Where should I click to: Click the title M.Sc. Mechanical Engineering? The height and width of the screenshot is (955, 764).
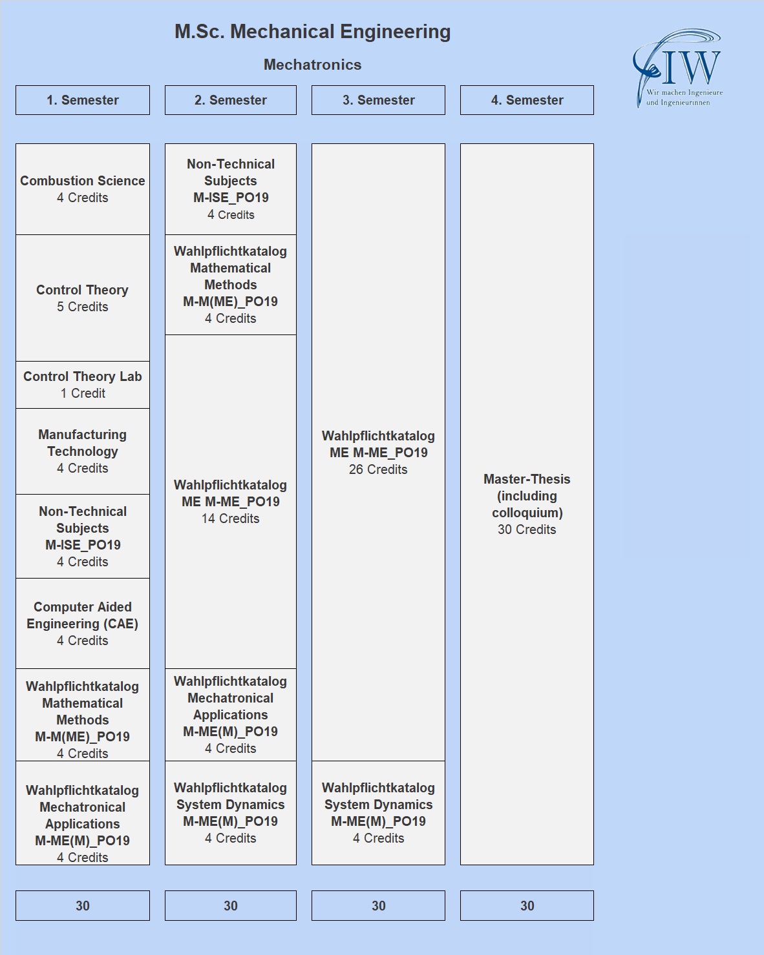tap(312, 32)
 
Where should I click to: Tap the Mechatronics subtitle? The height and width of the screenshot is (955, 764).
tap(312, 65)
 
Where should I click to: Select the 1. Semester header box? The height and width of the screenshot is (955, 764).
tap(83, 100)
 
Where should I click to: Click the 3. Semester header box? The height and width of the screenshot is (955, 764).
tap(379, 100)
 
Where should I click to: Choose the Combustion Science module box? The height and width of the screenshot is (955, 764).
tap(83, 189)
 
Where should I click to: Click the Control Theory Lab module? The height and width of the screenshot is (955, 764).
tap(83, 385)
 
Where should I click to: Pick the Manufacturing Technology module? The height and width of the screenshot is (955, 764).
tap(83, 451)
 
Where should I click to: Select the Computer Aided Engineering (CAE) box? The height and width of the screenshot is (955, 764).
tap(83, 624)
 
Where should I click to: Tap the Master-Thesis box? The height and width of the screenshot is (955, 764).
tap(527, 504)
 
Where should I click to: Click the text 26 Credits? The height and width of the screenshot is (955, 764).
tap(378, 469)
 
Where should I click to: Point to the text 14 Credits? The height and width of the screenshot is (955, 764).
tap(231, 519)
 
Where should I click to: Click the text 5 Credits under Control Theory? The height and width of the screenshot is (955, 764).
tap(83, 307)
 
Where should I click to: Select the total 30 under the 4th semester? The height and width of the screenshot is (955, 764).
tap(527, 906)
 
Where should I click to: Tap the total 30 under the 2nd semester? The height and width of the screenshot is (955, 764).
tap(231, 906)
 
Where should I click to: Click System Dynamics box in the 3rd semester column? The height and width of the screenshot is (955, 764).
tap(379, 813)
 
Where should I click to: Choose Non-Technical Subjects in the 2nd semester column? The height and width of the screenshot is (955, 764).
tap(231, 189)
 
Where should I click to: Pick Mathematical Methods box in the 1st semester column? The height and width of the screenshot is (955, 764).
tap(83, 715)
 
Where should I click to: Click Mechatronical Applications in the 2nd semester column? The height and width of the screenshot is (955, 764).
tap(231, 715)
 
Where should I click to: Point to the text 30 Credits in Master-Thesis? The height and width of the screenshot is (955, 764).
tap(527, 529)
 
